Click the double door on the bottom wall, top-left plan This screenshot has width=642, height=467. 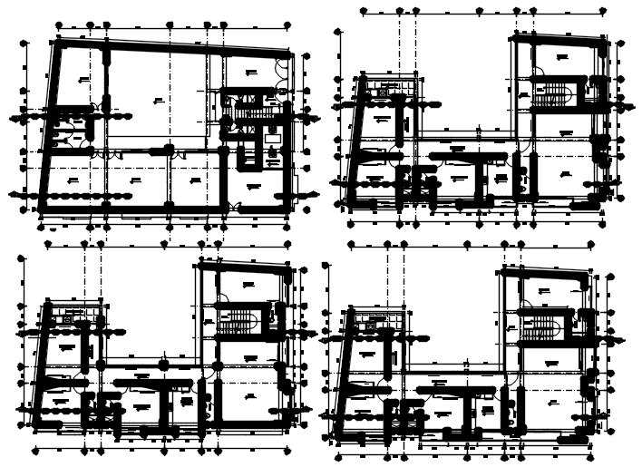tap(235, 209)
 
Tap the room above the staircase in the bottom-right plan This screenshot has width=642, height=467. tap(544, 291)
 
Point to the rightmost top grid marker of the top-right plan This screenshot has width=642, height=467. tap(604, 12)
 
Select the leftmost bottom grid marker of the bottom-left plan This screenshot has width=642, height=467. tap(35, 450)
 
